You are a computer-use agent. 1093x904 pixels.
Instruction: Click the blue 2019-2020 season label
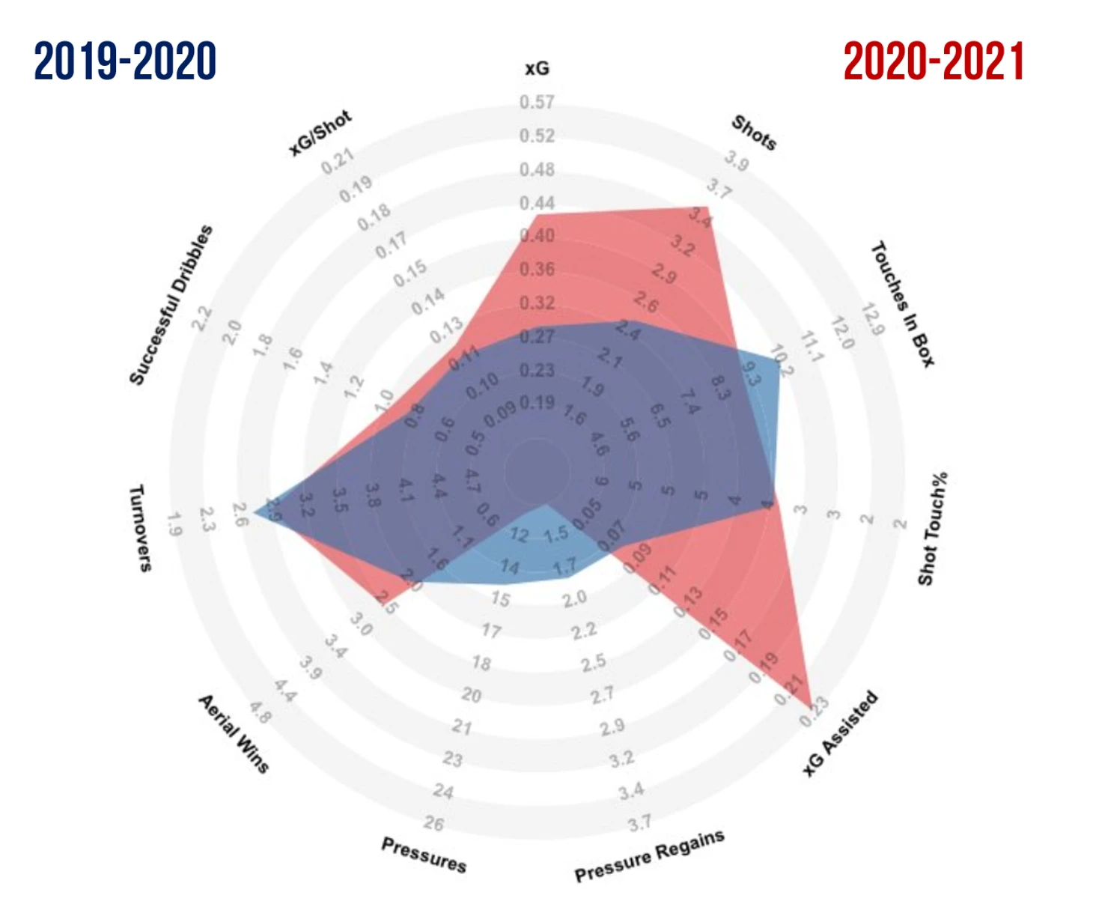125,61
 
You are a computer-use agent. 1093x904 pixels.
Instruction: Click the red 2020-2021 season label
934,61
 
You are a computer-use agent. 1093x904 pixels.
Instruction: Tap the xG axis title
537,69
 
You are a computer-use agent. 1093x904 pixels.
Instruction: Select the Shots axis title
754,133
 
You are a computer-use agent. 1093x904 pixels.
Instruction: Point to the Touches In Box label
902,303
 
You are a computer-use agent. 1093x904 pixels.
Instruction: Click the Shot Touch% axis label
933,528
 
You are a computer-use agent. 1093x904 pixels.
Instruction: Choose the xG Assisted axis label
839,734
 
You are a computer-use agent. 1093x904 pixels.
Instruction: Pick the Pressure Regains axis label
649,856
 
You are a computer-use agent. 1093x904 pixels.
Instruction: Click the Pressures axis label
424,855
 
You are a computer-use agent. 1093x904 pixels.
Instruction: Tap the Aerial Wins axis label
234,733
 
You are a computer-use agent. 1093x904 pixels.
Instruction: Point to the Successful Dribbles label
171,305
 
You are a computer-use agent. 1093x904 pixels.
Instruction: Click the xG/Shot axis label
320,133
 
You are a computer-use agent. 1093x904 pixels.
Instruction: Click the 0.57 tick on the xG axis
537,102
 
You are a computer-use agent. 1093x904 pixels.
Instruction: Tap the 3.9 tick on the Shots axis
736,160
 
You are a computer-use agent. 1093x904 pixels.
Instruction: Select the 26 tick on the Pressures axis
433,824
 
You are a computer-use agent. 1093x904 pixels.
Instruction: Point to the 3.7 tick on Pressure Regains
639,824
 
